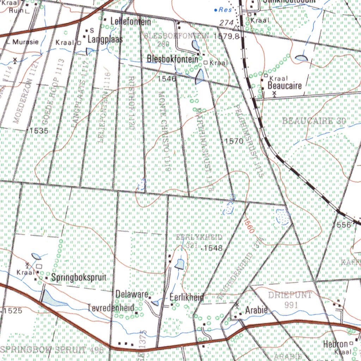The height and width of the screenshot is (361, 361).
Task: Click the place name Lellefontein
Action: point(130,22)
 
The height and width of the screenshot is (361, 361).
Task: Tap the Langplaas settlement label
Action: point(105,39)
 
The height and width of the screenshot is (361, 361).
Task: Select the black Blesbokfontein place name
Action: point(173,59)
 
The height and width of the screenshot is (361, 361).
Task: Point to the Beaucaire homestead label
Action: point(284,85)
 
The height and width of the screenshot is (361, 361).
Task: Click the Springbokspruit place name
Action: point(79,277)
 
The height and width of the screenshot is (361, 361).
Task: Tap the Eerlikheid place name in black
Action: point(186,298)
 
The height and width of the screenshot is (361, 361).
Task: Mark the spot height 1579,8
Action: point(226,36)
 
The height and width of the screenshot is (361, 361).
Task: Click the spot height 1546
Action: point(167,79)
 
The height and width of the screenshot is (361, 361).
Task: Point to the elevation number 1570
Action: point(234,141)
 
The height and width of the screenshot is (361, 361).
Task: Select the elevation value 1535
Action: point(39,131)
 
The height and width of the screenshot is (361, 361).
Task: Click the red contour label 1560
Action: point(249,226)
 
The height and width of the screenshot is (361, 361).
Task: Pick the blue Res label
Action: point(225,10)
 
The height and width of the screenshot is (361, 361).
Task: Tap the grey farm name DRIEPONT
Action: point(290,295)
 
